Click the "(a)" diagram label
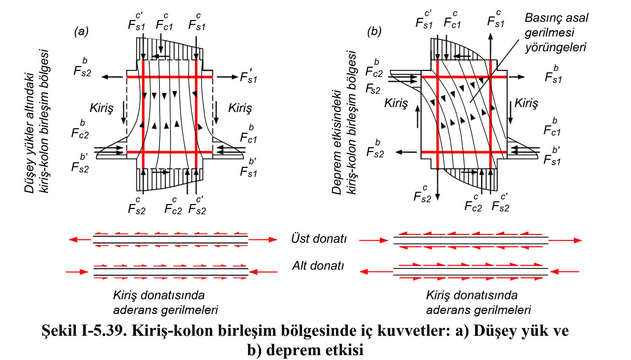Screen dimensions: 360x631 (x=81, y=32)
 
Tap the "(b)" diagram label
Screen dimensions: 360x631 (x=374, y=32)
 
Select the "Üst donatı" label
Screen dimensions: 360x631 (x=319, y=239)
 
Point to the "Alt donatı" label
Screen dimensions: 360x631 (x=318, y=266)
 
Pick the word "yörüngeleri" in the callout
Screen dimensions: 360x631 (x=555, y=47)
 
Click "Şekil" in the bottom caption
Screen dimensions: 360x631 (x=59, y=331)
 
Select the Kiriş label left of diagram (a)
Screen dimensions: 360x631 (x=102, y=108)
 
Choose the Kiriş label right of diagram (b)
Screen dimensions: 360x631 (x=526, y=103)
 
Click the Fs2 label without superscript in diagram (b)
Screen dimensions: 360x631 (x=373, y=89)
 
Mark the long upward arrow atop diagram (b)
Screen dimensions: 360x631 (x=490, y=46)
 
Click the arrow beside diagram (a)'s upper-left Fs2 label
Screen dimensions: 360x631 (x=112, y=77)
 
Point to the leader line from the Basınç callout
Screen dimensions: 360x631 (x=495, y=70)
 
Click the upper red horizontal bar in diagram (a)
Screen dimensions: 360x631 (x=170, y=77)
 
